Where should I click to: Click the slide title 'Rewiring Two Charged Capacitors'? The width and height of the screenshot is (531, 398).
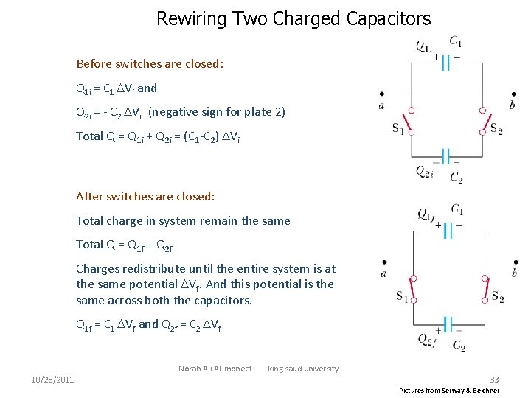[x=294, y=18]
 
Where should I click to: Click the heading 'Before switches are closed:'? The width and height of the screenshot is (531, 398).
[x=150, y=63]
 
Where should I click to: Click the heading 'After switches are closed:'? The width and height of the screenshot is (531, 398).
[x=145, y=196]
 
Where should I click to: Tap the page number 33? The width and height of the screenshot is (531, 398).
[x=494, y=380]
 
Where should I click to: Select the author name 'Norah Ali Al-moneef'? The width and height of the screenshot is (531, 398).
[x=215, y=369]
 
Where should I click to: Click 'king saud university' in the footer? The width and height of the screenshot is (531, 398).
[x=303, y=369]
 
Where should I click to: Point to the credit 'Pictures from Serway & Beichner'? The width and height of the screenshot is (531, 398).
[x=449, y=390]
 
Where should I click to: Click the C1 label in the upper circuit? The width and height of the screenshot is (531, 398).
[x=456, y=41]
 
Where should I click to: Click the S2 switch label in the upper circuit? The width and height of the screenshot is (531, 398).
[x=496, y=130]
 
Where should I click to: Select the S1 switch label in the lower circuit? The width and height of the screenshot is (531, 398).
[x=403, y=297]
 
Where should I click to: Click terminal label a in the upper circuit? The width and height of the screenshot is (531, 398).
[x=381, y=105]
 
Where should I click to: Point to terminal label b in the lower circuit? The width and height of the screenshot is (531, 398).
[x=514, y=273]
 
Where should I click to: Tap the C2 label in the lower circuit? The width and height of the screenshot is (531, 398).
[x=458, y=345]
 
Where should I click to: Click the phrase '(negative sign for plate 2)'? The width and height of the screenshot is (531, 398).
[x=217, y=112]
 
